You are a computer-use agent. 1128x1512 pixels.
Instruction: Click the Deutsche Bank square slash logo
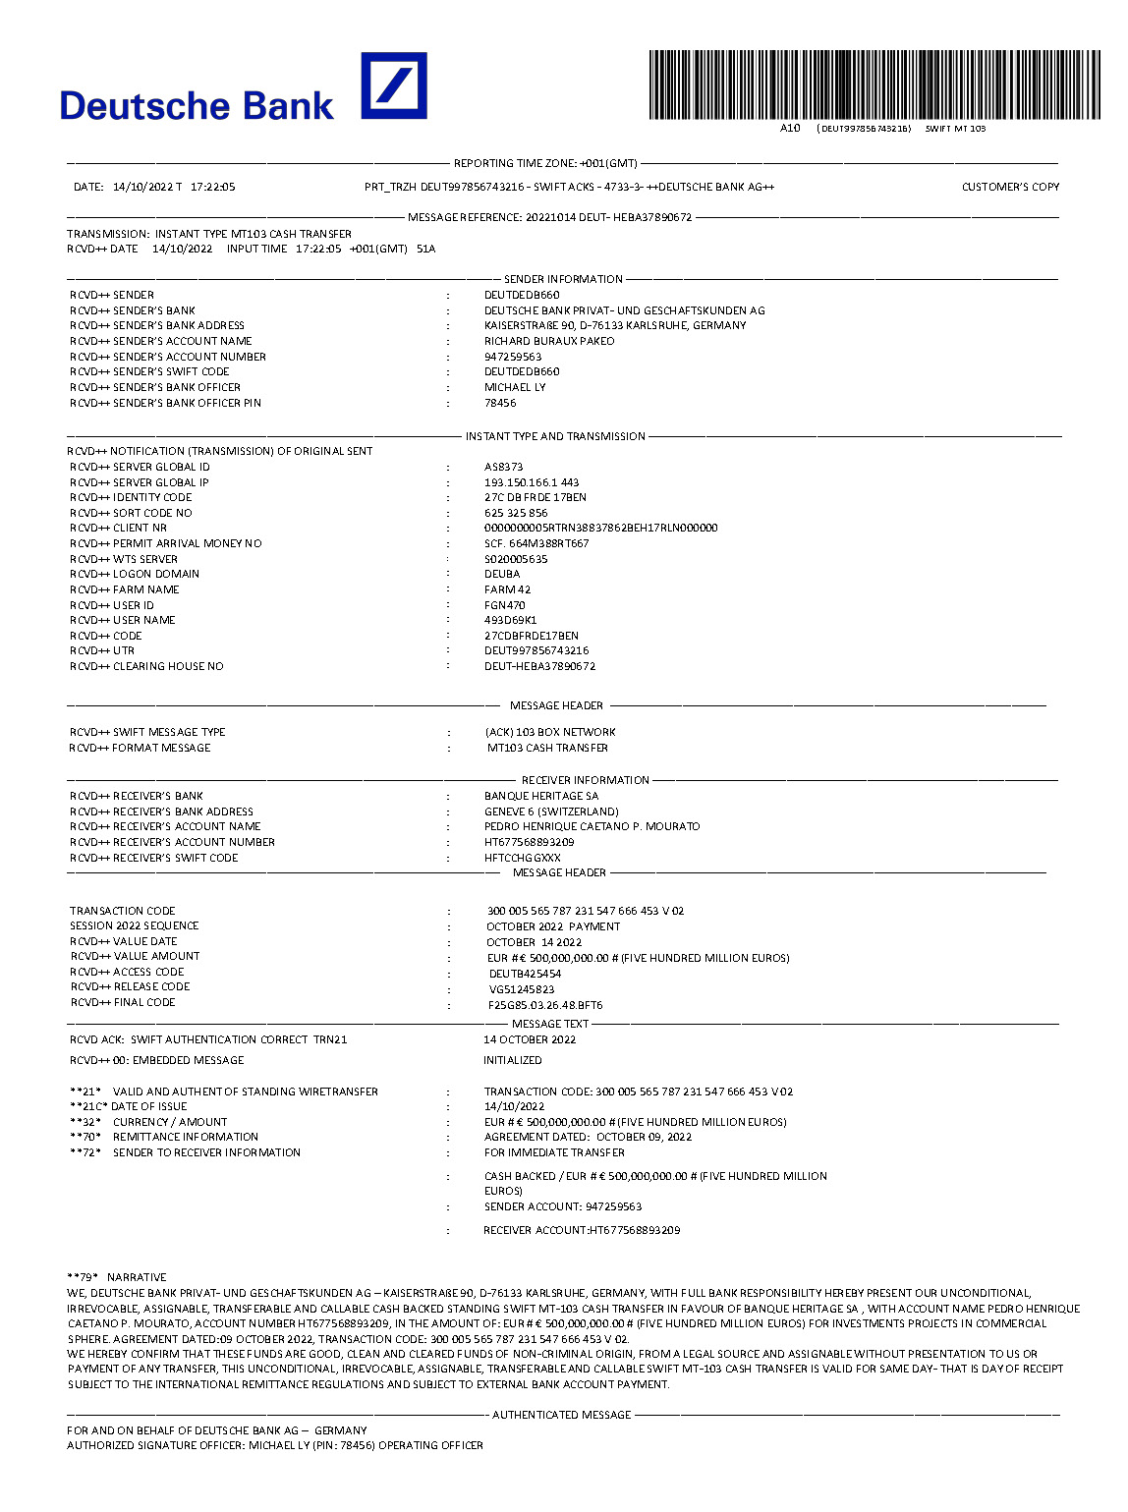[394, 85]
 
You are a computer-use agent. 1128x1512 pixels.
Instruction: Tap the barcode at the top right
[874, 85]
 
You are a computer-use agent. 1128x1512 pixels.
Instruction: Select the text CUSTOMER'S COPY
[1010, 187]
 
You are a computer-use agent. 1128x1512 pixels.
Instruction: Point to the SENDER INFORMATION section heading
[563, 279]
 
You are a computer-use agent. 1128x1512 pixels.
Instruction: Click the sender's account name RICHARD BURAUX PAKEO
[549, 341]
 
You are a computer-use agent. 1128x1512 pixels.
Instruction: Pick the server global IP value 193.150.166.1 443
[532, 482]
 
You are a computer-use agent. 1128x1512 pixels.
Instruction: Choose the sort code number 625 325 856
[516, 513]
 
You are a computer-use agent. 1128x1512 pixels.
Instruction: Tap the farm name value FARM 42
[507, 589]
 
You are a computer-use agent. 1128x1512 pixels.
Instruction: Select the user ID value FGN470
[505, 605]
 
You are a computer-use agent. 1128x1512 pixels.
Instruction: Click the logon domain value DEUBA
[502, 574]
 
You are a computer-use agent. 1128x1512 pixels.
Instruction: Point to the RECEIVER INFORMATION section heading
[585, 780]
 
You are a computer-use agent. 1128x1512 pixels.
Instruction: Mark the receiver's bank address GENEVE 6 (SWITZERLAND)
[551, 812]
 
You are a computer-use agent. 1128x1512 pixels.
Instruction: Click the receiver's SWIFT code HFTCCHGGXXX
[523, 858]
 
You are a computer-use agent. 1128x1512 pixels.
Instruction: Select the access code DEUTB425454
[525, 974]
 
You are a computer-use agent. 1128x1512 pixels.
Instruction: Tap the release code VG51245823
[522, 989]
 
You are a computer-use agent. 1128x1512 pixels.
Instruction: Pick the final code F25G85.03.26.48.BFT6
[545, 1005]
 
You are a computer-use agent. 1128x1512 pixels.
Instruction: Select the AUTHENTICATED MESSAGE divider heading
[561, 1415]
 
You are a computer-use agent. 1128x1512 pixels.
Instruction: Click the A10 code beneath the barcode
[790, 128]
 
